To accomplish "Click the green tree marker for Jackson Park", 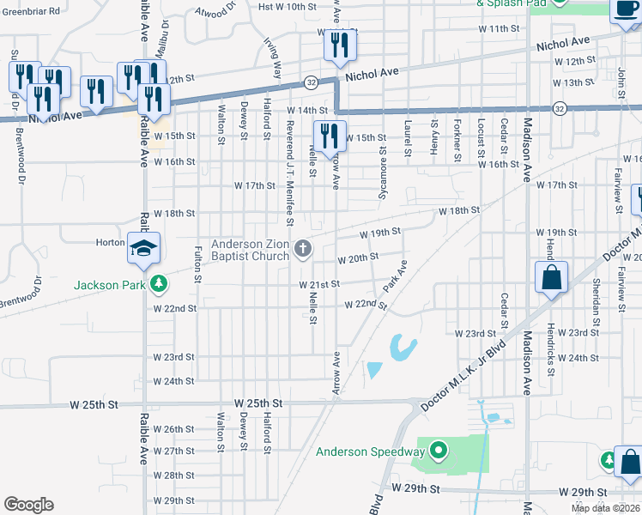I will click(157, 284).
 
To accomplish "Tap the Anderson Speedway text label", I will click(370, 451).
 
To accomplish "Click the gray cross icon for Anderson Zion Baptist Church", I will click(302, 250).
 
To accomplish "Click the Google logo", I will click(28, 505).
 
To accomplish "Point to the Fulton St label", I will click(197, 264).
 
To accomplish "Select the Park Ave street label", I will click(394, 276).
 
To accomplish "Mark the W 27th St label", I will click(174, 451).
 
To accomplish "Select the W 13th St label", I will click(574, 83).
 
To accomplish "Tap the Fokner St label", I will click(458, 140).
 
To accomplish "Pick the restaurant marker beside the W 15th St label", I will click(329, 136).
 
